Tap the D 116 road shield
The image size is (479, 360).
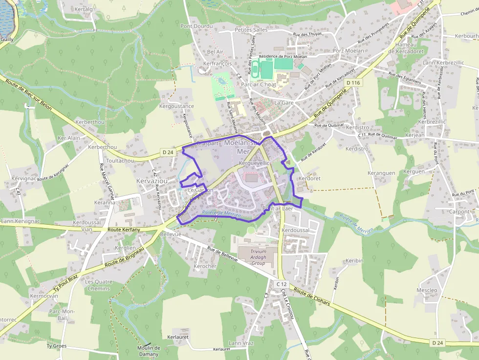(352, 83)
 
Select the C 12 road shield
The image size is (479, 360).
(281, 284)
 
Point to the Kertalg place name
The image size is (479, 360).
(84, 9)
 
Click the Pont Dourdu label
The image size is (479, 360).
(197, 26)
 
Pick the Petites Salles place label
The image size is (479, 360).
(251, 30)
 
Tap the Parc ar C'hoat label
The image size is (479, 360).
(259, 85)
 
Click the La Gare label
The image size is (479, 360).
(283, 103)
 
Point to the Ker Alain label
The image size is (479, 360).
(69, 138)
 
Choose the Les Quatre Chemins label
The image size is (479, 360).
(99, 285)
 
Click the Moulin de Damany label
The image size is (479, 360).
(149, 351)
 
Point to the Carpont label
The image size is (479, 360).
(459, 212)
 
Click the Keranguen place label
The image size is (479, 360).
(381, 173)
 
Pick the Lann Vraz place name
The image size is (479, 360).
(241, 343)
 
